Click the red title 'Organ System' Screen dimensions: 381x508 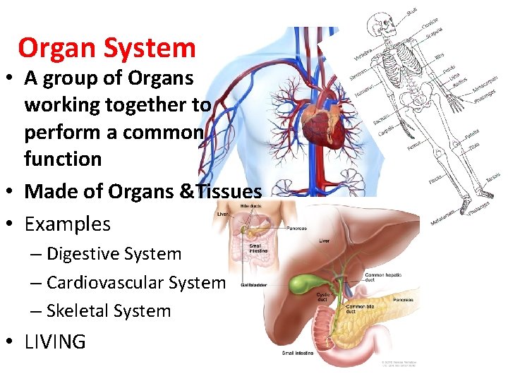pos(107,48)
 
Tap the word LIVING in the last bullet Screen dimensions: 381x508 pos(55,342)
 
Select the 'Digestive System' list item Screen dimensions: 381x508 pos(114,254)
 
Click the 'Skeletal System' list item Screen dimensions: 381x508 pos(109,310)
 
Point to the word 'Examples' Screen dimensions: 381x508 pos(67,224)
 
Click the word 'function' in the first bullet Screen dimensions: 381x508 pos(63,159)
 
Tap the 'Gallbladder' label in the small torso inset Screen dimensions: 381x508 pos(253,286)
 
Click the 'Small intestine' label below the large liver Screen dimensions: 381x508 pos(298,353)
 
